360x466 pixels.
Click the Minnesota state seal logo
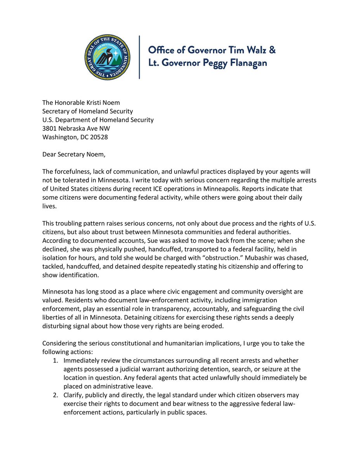coord(108,57)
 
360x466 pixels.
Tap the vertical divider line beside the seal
coord(139,57)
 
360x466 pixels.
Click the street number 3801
coord(50,129)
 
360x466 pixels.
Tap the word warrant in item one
coord(159,369)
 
